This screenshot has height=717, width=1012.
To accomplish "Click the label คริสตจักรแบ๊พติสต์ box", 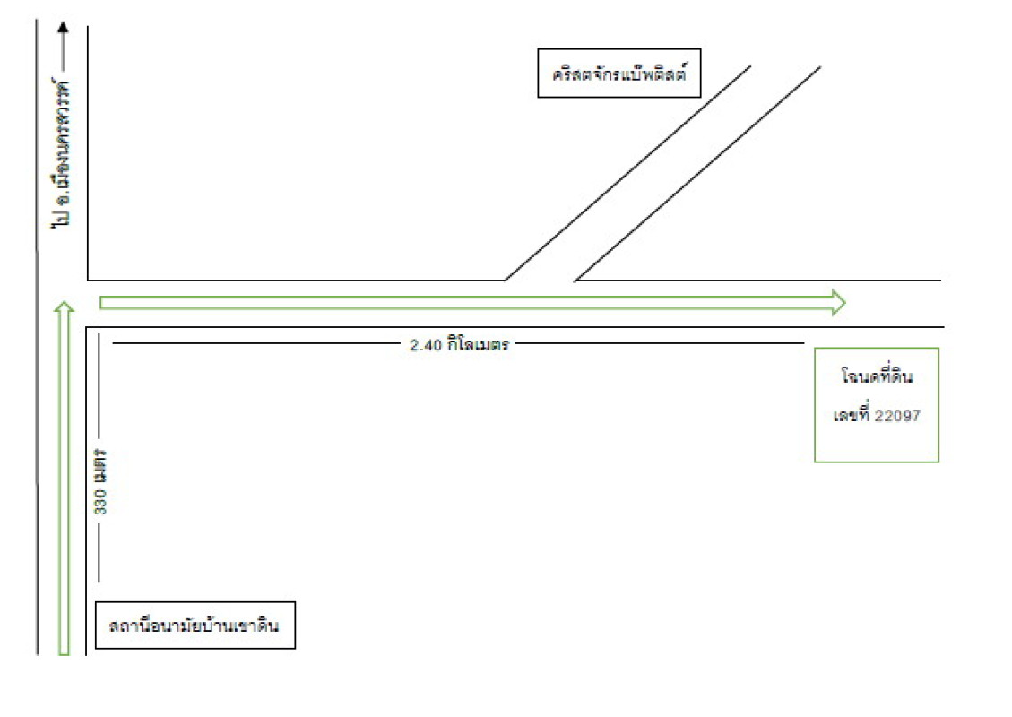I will pyautogui.click(x=618, y=73).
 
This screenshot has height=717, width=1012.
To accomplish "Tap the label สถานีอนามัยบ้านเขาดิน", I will pyautogui.click(x=195, y=625).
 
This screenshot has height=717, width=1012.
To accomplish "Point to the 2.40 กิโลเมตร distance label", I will pyautogui.click(x=459, y=344).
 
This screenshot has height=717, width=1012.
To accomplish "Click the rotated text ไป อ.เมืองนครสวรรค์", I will pyautogui.click(x=63, y=157).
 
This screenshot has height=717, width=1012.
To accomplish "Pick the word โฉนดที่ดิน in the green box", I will pyautogui.click(x=877, y=377).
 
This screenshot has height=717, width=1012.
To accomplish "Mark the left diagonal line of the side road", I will pyautogui.click(x=627, y=172).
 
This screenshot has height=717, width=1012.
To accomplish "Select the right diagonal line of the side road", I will pyautogui.click(x=697, y=172).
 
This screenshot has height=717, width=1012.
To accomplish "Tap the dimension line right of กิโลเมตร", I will pyautogui.click(x=659, y=342).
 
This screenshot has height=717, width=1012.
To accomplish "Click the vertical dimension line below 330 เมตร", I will pyautogui.click(x=99, y=551).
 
